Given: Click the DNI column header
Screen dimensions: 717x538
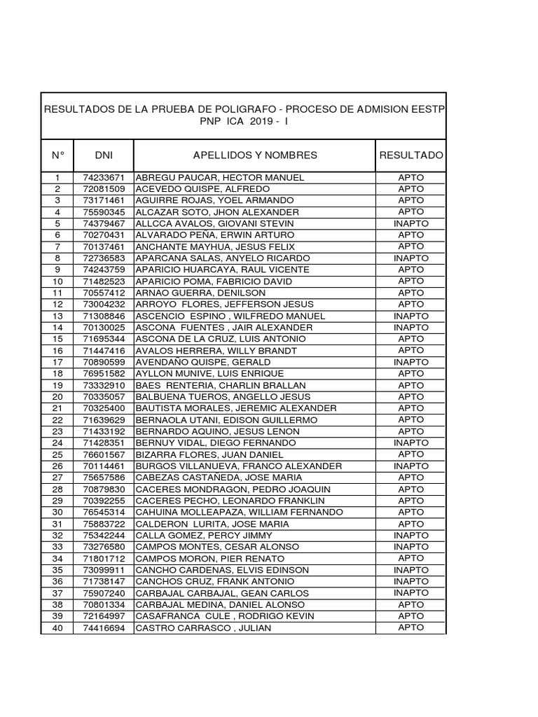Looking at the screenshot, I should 103,155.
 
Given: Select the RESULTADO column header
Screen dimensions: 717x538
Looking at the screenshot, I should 411,155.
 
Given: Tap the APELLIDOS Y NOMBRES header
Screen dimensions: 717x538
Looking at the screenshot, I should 255,155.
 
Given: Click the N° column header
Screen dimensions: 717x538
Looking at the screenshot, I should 58,155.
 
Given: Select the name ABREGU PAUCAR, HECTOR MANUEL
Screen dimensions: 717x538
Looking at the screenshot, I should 220,178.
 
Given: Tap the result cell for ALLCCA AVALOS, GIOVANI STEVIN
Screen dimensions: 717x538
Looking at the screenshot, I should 411,223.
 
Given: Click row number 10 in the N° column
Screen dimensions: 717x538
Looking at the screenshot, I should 58,281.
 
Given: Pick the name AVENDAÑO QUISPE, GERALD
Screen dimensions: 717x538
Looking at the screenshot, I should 203,362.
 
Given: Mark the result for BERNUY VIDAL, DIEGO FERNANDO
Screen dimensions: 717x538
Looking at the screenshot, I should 411,443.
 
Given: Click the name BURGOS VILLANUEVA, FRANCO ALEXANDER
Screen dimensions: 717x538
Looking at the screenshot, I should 239,466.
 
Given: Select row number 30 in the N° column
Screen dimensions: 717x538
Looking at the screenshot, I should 58,512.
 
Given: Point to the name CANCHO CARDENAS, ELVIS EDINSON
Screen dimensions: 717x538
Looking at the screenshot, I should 222,570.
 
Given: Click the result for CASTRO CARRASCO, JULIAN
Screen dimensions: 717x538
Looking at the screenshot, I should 411,627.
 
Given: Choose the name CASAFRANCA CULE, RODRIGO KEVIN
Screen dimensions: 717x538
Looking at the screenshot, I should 225,616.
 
